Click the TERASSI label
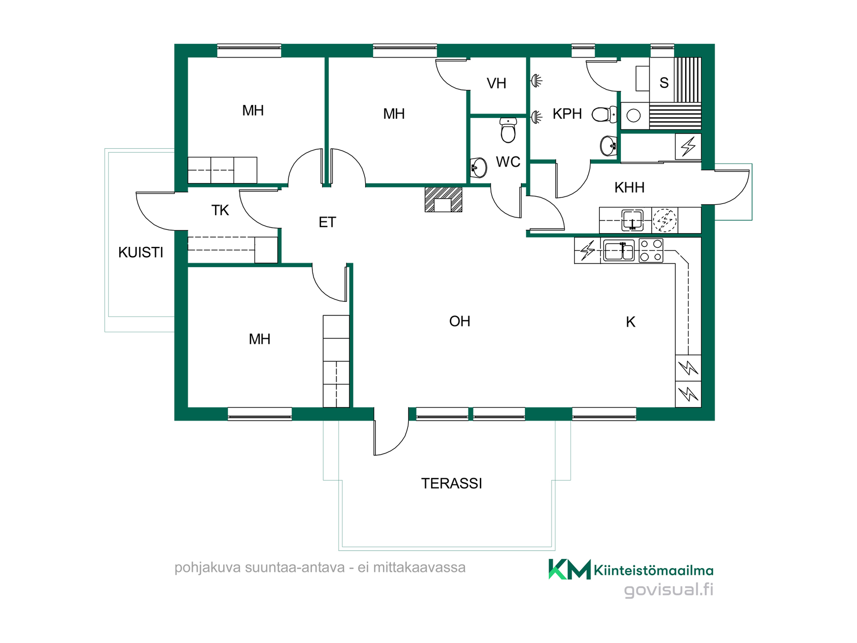451,484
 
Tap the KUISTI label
141,253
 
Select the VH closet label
496,84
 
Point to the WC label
508,162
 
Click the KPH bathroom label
567,114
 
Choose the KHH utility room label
629,188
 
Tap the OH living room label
460,321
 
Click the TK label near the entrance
220,210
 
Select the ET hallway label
327,222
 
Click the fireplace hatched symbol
443,199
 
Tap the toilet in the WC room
508,130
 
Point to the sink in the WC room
478,168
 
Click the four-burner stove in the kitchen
651,251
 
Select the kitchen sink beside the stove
619,251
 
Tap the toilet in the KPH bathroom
604,114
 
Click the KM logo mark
570,569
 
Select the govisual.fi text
668,590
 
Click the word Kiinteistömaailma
653,571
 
